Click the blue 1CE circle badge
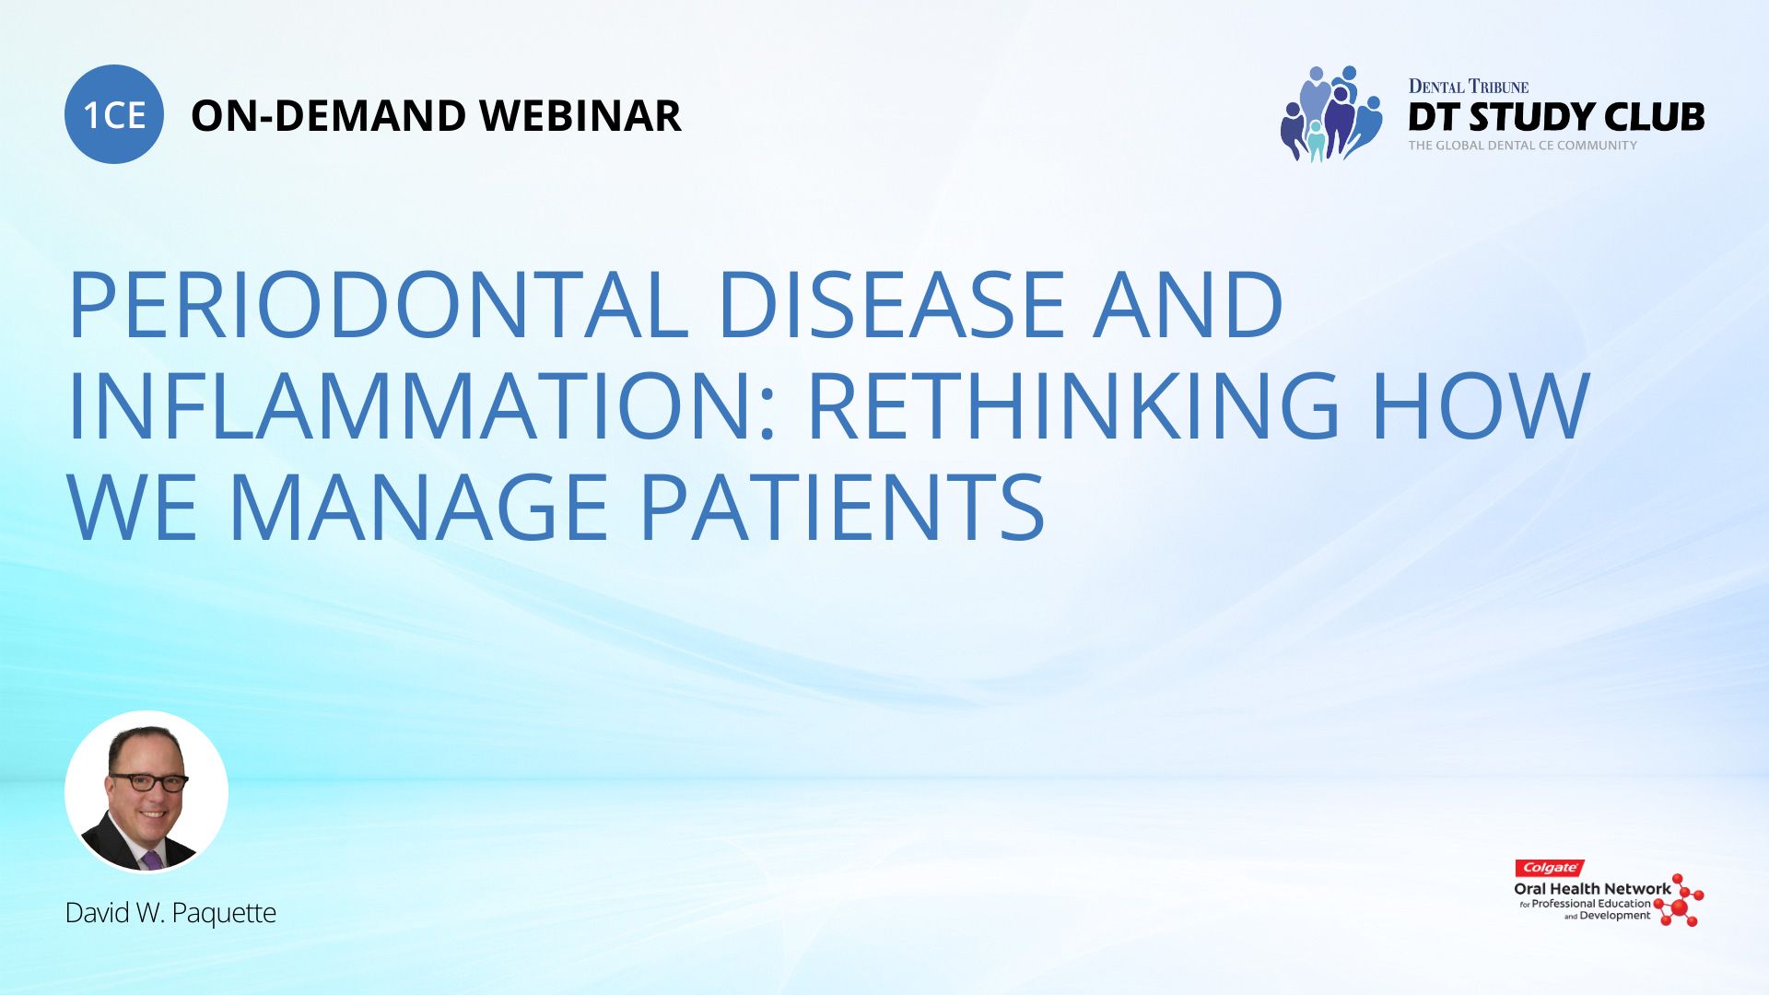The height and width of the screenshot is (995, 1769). pos(114,114)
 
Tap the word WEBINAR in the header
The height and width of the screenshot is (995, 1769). pos(580,116)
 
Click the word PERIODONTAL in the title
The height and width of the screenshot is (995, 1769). pos(379,304)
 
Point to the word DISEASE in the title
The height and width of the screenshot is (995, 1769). pos(892,304)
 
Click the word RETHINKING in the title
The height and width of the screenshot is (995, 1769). pos(1074,405)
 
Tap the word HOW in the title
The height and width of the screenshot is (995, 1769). pos(1481,405)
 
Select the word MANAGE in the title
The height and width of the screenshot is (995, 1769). pos(418,507)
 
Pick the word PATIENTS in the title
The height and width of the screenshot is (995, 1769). pos(842,507)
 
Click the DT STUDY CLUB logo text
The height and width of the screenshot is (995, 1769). pos(1556,117)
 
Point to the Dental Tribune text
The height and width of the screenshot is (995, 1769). pos(1469,87)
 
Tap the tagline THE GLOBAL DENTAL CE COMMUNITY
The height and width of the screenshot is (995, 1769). pos(1522,146)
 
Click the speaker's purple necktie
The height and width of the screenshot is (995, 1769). pos(152,860)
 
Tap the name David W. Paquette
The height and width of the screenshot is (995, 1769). pos(170,913)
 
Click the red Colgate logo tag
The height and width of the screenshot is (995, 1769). pos(1550,868)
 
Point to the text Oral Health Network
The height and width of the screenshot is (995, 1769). pos(1592,889)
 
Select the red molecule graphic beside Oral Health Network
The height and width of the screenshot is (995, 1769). pos(1680,900)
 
